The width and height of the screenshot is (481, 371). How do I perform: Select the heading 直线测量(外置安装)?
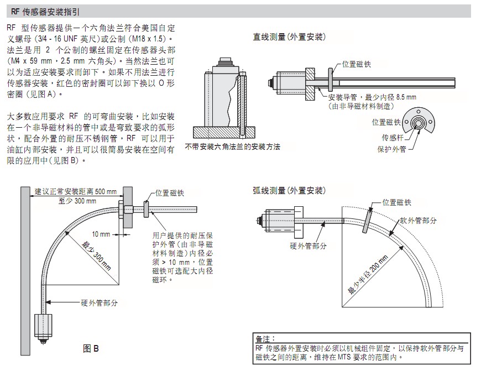pyautogui.click(x=289, y=37)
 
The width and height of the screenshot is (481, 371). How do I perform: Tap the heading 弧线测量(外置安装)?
pyautogui.click(x=289, y=191)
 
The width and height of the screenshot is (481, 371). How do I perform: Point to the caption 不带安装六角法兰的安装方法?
pyautogui.click(x=233, y=147)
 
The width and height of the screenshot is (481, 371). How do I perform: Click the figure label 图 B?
pyautogui.click(x=91, y=348)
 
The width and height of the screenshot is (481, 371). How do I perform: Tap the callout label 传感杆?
pyautogui.click(x=393, y=138)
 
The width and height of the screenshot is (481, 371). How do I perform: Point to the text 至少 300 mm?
pyautogui.click(x=77, y=201)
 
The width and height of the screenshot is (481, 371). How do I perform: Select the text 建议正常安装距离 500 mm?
pyautogui.click(x=76, y=191)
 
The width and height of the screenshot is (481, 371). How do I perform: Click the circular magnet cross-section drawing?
pyautogui.click(x=418, y=122)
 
